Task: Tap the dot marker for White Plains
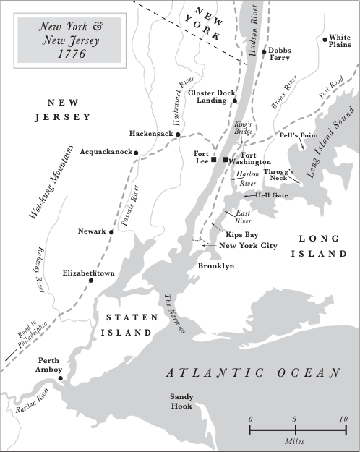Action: click(326, 39)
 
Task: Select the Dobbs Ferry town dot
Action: click(265, 52)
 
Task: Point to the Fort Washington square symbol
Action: click(226, 159)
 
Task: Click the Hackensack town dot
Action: click(179, 135)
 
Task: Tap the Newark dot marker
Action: click(112, 231)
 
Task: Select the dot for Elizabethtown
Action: click(91, 280)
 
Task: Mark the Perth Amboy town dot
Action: click(61, 378)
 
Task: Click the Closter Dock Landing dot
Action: click(235, 102)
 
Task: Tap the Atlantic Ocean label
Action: click(252, 372)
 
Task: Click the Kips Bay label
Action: click(239, 235)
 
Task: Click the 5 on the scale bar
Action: click(294, 419)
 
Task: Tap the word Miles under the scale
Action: click(293, 441)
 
